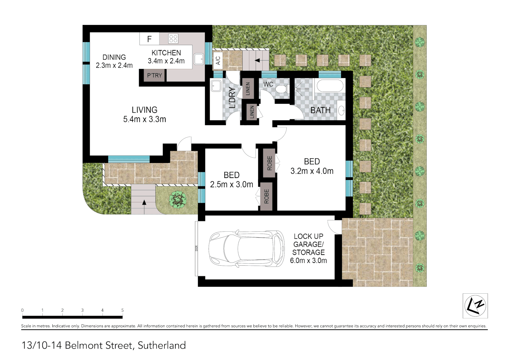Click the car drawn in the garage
246,248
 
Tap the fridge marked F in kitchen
149,39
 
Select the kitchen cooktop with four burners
173,39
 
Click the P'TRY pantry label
154,75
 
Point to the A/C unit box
218,60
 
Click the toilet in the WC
282,89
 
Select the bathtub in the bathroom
329,86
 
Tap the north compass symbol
475,306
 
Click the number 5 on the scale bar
122,310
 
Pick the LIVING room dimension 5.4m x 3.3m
144,119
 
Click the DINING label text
114,57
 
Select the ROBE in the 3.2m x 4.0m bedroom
269,163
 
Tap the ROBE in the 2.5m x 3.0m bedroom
266,196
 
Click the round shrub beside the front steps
178,200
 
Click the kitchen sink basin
199,59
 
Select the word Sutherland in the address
162,345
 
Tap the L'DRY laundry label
232,97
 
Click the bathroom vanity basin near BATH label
341,110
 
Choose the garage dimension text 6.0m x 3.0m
308,261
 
